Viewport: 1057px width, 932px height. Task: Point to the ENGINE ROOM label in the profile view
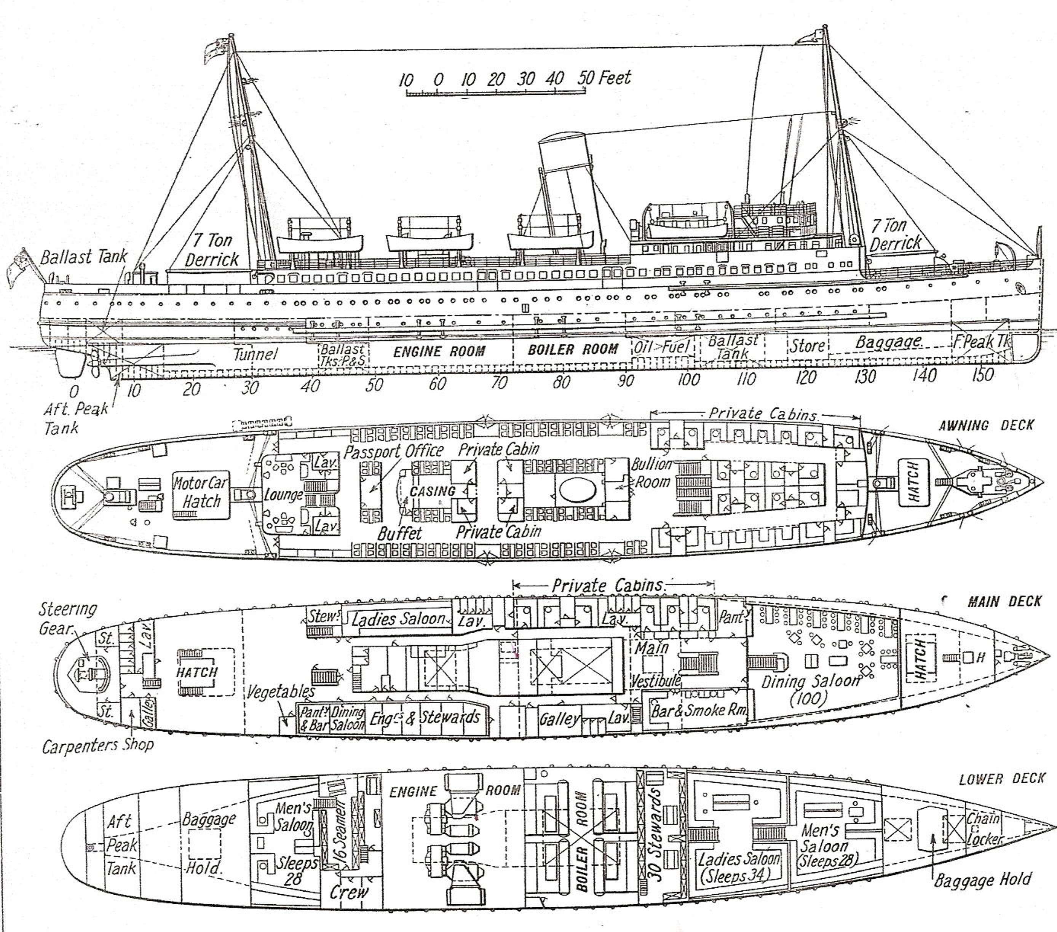tap(439, 352)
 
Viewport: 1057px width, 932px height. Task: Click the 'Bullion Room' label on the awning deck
tap(651, 473)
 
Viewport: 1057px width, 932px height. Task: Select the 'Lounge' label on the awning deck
tap(283, 495)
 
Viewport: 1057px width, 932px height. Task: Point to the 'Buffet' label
tap(399, 533)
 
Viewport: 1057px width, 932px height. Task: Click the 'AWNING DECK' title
tap(986, 425)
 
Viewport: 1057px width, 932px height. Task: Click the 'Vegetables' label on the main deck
tap(280, 691)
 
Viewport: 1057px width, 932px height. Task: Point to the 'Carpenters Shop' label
tap(98, 746)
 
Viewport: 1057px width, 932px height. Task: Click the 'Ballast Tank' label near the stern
tap(83, 257)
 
